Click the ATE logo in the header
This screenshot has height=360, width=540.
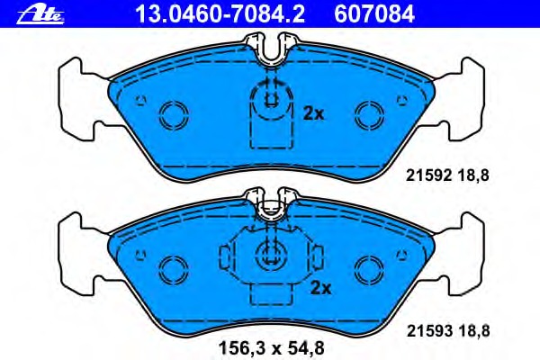click(40, 15)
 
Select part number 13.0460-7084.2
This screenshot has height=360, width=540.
click(220, 14)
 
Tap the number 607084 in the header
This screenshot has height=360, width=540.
click(374, 14)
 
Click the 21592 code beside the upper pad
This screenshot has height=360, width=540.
click(428, 175)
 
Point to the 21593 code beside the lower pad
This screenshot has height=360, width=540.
click(429, 331)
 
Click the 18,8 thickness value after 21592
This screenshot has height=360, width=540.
click(473, 176)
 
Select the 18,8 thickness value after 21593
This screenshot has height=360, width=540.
click(474, 331)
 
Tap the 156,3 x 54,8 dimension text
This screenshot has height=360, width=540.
click(272, 348)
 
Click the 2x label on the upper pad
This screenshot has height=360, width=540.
click(313, 113)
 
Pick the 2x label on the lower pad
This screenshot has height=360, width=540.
click(320, 288)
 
